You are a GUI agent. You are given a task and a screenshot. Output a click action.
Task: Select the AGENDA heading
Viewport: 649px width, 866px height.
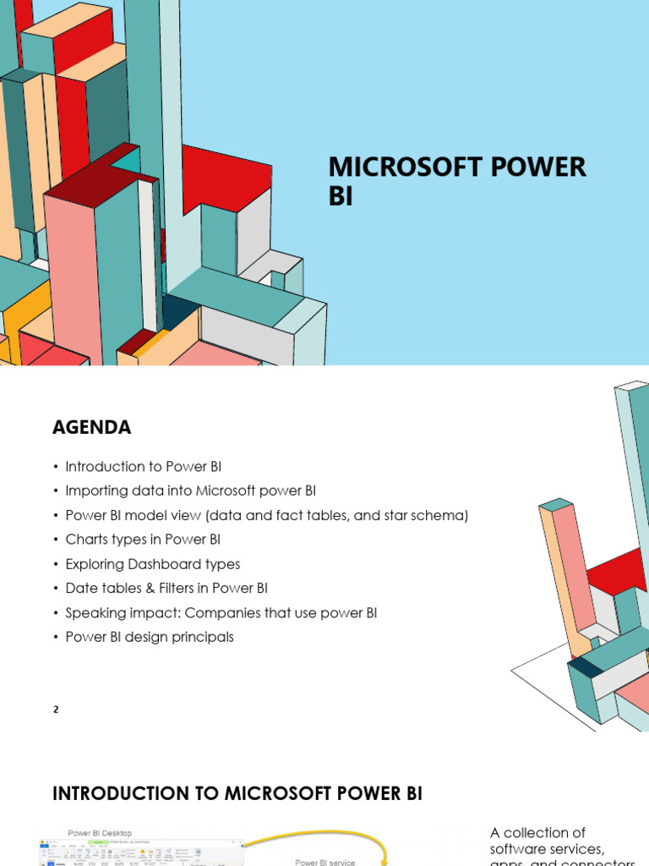[91, 428]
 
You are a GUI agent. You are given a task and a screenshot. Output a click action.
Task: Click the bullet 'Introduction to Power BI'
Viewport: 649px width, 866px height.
[143, 466]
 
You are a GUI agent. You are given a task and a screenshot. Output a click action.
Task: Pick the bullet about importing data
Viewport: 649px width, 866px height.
[190, 491]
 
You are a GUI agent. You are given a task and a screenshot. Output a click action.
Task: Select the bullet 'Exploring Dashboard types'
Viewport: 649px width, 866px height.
[152, 563]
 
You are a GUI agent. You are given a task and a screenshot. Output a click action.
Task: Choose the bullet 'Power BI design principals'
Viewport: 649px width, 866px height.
[149, 637]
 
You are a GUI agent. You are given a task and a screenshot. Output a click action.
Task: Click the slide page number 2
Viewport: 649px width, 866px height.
[56, 710]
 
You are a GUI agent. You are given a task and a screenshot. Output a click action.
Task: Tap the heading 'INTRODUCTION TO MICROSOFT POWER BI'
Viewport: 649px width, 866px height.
[237, 793]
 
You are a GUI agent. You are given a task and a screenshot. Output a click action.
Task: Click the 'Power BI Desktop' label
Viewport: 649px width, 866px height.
[100, 833]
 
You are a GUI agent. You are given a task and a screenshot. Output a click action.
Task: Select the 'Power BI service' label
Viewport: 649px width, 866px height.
[325, 862]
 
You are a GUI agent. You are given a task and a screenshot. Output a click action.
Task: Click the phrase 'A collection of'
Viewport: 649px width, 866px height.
[537, 833]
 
